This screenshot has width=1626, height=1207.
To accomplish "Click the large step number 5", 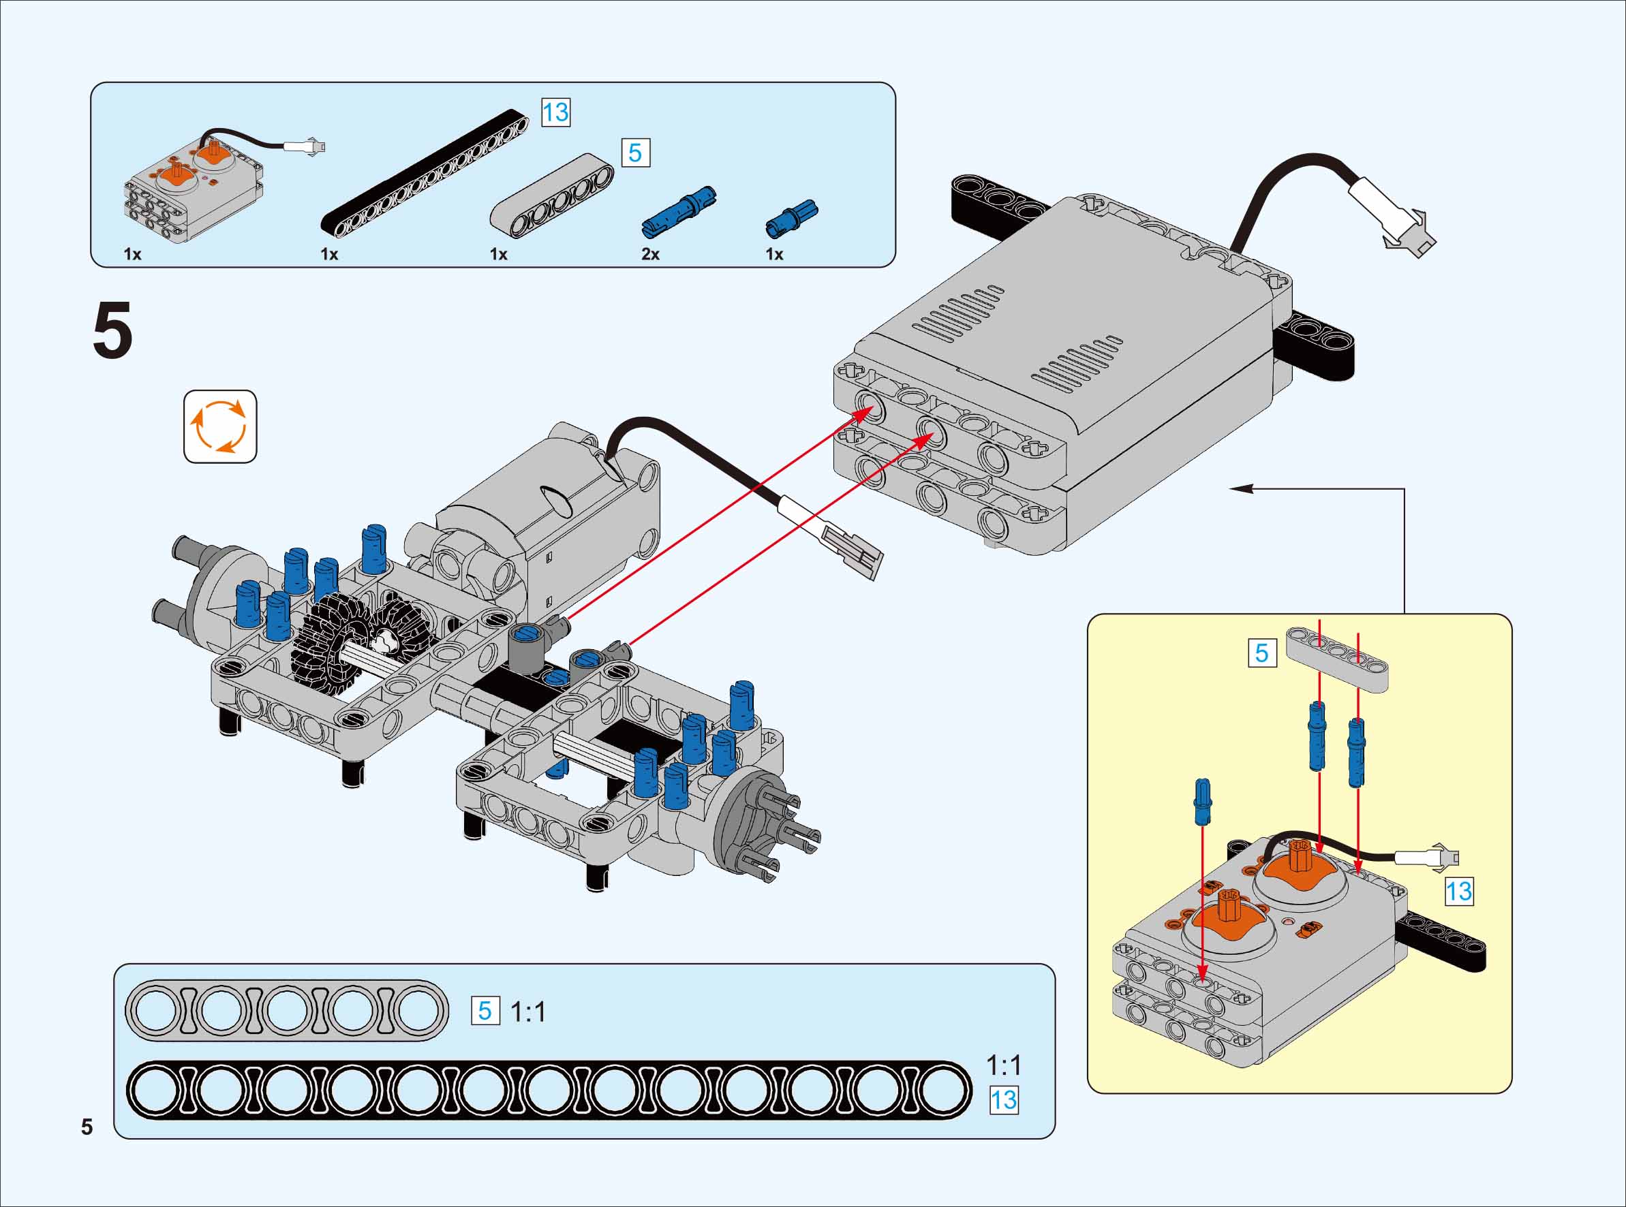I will (112, 331).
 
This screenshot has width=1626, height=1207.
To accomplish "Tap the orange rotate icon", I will (220, 426).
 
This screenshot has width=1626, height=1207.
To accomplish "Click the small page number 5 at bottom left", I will (87, 1127).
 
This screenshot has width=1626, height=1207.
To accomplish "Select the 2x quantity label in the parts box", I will (650, 254).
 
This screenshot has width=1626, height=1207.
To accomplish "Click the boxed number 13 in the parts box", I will (555, 112).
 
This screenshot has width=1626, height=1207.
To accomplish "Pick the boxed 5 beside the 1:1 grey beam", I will (485, 1012).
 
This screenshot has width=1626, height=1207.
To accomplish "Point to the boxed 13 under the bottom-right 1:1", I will (1003, 1100).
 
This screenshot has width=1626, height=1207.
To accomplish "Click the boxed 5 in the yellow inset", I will (1262, 653).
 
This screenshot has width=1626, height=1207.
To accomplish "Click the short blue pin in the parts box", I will (791, 218).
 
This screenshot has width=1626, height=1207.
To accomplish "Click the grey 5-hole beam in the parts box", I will (552, 195).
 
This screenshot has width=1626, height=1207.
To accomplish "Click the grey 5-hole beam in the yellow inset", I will (1337, 658).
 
